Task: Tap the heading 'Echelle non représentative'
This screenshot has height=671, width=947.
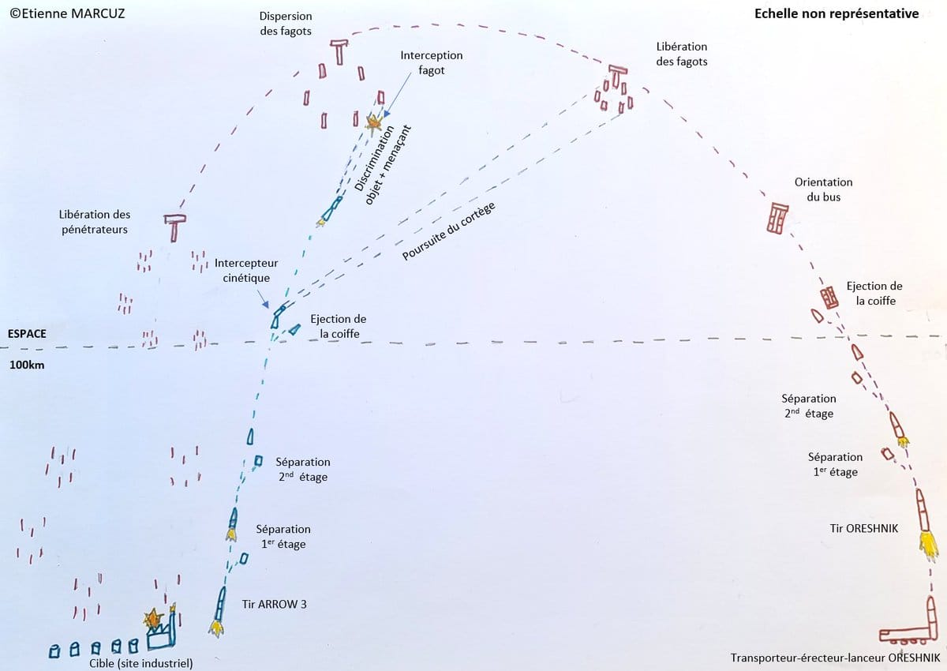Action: [x=837, y=13]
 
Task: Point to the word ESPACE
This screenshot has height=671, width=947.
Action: [x=27, y=334]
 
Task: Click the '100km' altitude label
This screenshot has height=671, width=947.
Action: [x=28, y=365]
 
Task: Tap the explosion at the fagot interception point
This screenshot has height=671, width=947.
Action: [x=374, y=122]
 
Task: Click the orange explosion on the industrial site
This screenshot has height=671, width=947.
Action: [x=152, y=618]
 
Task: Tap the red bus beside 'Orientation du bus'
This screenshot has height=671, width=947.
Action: [x=777, y=218]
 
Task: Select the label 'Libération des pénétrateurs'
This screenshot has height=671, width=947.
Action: [x=95, y=222]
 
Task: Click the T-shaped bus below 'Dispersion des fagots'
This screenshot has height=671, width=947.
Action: [x=339, y=51]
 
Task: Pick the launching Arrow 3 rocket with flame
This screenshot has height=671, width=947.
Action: [x=219, y=609]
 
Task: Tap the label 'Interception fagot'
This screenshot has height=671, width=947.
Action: [x=431, y=63]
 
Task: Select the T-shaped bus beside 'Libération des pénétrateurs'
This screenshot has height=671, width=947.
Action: [x=174, y=227]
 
